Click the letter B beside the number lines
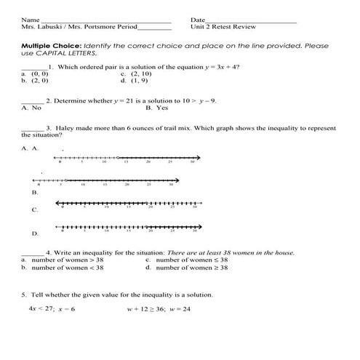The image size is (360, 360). (34, 193)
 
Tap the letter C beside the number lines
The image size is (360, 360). (34, 210)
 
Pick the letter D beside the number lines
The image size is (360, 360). (34, 234)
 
